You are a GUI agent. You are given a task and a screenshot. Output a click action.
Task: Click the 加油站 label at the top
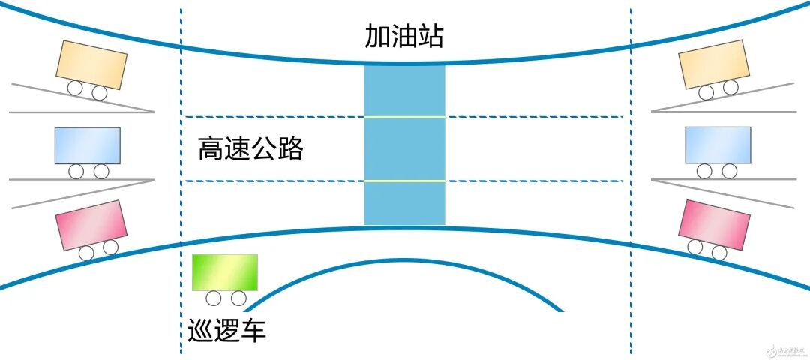tap(403, 35)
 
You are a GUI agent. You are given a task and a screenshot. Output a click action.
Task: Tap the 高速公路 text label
tap(250, 149)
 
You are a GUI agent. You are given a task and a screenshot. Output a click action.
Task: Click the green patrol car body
tap(225, 272)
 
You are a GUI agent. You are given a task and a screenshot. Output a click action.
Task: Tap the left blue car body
tap(87, 145)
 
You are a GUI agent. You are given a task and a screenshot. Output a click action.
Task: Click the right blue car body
tap(718, 145)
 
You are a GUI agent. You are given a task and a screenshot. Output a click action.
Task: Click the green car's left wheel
tap(214, 298)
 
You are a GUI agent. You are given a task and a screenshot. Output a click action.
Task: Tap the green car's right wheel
tap(238, 298)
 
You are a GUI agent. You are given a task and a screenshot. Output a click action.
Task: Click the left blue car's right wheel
tap(100, 172)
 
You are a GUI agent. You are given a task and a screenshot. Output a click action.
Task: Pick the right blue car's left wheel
tap(704, 172)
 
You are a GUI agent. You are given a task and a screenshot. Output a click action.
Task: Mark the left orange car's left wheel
tap(75, 88)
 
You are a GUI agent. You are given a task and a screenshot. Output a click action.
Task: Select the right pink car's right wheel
tap(719, 252)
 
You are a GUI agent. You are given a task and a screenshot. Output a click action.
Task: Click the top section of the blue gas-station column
tap(404, 90)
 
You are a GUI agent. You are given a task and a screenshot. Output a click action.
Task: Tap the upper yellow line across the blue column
tap(404, 117)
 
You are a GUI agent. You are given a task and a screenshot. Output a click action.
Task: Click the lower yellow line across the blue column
tap(404, 181)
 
